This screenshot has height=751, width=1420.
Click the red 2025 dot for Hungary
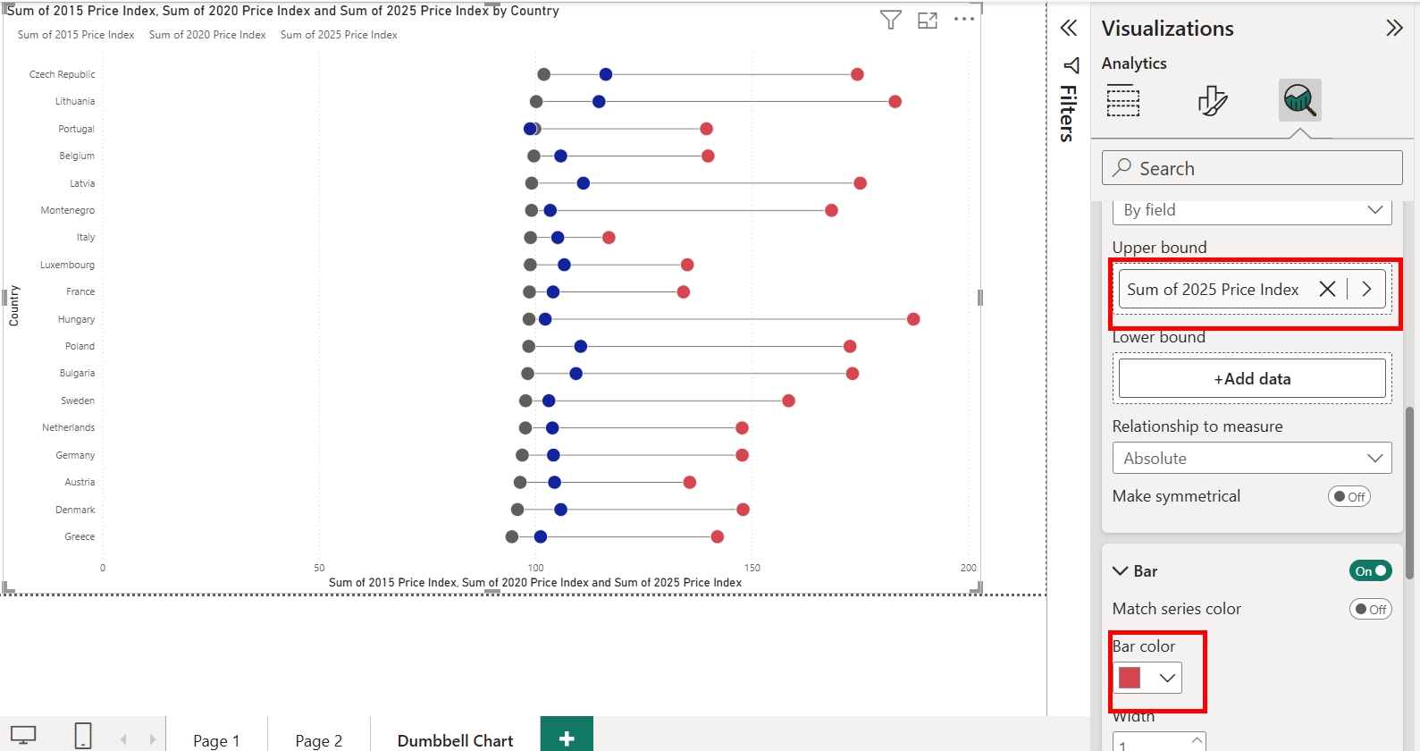tap(913, 319)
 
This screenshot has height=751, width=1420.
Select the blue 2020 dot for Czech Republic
tap(606, 74)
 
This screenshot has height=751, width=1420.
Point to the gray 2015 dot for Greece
tap(512, 536)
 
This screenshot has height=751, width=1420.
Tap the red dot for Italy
tap(609, 237)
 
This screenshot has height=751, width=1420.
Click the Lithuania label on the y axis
tap(75, 101)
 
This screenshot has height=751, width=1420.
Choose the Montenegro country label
tap(68, 210)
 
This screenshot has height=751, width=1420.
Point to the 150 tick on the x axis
tap(752, 568)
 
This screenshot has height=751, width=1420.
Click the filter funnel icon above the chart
tap(890, 20)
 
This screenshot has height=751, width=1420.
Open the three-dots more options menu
tap(964, 20)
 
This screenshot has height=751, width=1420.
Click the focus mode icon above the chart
tap(928, 20)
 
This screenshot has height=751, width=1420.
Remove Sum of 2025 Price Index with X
tap(1327, 289)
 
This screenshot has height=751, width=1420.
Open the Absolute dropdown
tap(1251, 458)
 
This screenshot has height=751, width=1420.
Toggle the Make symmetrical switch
tap(1349, 496)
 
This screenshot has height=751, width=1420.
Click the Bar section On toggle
tap(1370, 570)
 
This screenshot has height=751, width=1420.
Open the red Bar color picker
tap(1147, 678)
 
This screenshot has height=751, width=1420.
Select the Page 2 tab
tap(319, 740)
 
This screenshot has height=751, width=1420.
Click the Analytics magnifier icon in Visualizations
tap(1299, 100)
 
